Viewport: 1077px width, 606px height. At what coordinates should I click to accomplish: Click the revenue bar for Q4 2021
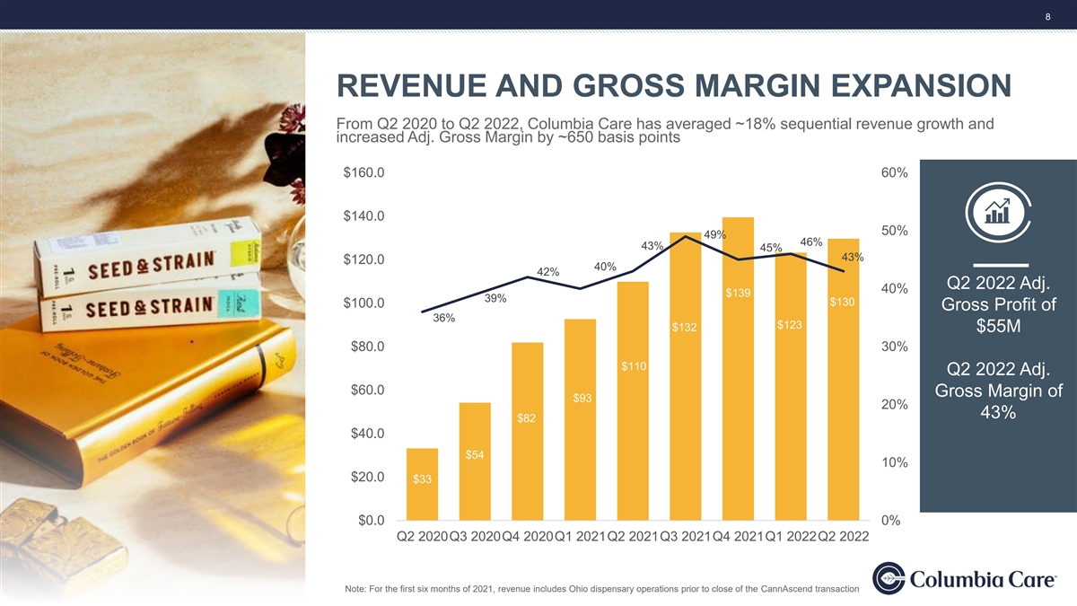point(738,369)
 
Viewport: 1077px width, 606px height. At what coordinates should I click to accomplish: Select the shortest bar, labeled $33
point(422,484)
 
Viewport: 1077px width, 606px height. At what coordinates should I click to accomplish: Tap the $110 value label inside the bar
point(634,366)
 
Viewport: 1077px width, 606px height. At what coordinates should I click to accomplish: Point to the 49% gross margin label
point(715,234)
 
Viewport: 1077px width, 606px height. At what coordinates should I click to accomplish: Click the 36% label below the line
point(443,318)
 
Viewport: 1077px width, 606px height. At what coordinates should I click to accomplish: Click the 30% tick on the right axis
point(894,347)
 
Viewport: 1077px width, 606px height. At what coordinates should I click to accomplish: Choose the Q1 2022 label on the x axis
point(791,536)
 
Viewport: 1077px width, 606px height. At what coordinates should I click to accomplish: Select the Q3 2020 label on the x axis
point(475,536)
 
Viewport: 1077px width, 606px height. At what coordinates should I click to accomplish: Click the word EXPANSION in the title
point(921,85)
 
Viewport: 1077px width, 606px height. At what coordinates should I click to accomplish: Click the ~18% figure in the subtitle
point(756,124)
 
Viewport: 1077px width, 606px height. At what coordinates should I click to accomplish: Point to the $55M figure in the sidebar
point(998,326)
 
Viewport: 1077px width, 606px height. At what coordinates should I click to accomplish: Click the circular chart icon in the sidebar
point(998,212)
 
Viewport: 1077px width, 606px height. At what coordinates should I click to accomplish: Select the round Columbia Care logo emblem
point(889,578)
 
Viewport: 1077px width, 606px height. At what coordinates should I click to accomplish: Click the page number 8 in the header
point(1048,17)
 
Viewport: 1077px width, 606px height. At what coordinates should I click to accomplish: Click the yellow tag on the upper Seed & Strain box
point(246,252)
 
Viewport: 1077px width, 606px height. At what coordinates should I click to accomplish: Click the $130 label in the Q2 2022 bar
point(843,302)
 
